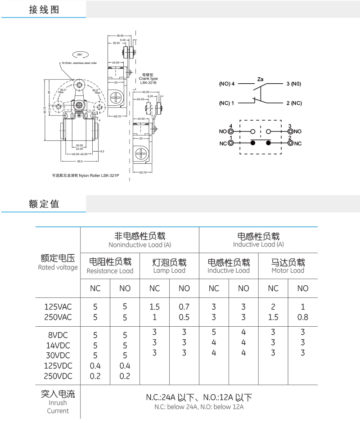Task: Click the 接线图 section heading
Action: point(44,10)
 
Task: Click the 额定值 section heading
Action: point(44,204)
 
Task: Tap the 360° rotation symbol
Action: point(80,54)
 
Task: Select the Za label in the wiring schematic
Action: point(260,79)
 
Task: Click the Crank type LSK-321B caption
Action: point(148,79)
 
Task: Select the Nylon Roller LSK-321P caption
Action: point(85,175)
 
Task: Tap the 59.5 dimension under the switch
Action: point(80,161)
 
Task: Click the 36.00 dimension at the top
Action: point(120,35)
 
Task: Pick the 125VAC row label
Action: point(58,307)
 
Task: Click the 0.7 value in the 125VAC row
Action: point(184,307)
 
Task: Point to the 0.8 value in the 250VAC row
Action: point(303,317)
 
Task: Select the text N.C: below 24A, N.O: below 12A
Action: point(198,407)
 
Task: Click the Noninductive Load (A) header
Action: point(139,245)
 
